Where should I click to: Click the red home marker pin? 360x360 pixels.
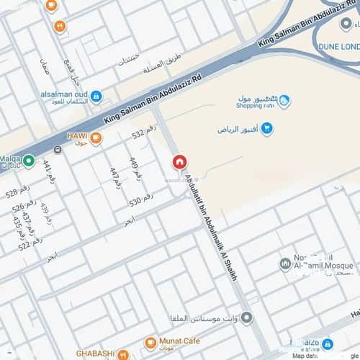point(179,163)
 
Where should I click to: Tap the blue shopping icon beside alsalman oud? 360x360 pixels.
point(96,95)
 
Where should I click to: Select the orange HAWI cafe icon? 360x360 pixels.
point(96,138)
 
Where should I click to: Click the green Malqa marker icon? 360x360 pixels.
point(29,161)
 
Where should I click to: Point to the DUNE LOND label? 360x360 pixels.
point(338,46)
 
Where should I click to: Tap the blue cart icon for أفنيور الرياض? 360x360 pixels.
point(267,129)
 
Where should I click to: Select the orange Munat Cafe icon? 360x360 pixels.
point(150,343)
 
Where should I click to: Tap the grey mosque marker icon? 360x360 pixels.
point(285,264)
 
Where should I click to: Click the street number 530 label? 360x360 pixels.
point(141,199)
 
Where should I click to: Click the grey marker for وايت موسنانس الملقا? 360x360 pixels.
point(247,318)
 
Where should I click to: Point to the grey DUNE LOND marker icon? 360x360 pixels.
point(346,23)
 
